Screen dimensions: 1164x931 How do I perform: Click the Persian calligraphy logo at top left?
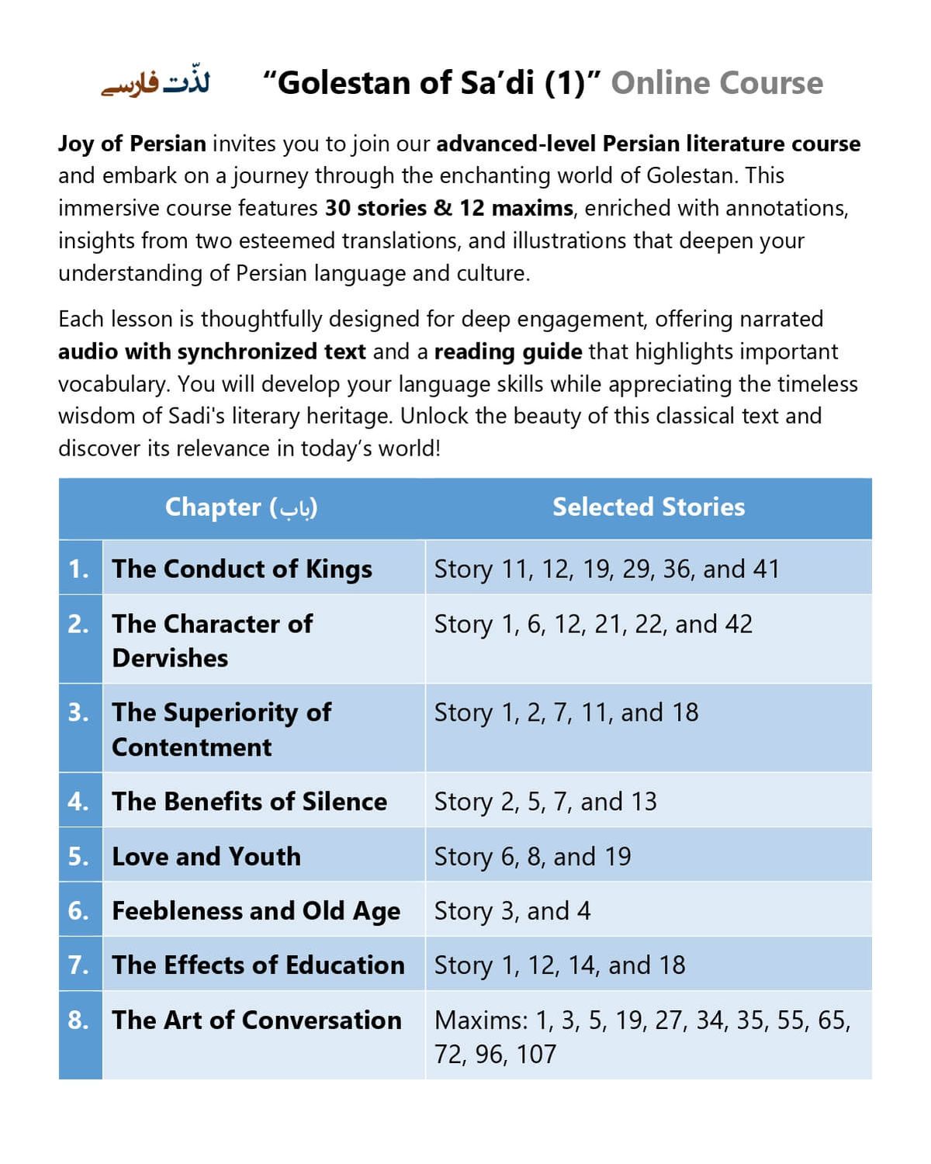pyautogui.click(x=156, y=83)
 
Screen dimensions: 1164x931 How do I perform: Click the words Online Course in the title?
pyautogui.click(x=716, y=83)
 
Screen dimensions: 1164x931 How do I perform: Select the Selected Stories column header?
pyautogui.click(x=648, y=507)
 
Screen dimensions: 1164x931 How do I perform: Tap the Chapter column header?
pyautogui.click(x=241, y=507)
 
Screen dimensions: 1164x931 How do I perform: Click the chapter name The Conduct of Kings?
pyautogui.click(x=241, y=569)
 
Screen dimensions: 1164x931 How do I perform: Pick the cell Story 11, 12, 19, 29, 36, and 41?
pyautogui.click(x=607, y=569)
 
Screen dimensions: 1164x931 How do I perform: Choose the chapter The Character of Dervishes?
pyautogui.click(x=212, y=640)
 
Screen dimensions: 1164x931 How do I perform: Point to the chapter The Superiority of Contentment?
pyautogui.click(x=221, y=729)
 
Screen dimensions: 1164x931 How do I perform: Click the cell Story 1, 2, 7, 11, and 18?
pyautogui.click(x=566, y=712)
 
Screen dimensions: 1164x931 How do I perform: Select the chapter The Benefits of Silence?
pyautogui.click(x=249, y=801)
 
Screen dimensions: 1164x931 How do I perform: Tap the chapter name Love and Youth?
pyautogui.click(x=206, y=856)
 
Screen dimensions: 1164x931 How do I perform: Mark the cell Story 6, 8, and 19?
pyautogui.click(x=532, y=856)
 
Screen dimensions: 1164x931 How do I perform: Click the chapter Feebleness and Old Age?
pyautogui.click(x=256, y=910)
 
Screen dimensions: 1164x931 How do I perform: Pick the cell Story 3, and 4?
pyautogui.click(x=512, y=910)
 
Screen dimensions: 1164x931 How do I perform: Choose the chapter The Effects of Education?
pyautogui.click(x=258, y=965)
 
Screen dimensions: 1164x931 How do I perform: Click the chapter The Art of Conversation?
pyautogui.click(x=257, y=1020)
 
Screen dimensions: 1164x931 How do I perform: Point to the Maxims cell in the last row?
pyautogui.click(x=642, y=1036)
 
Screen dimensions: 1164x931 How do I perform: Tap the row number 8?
pyautogui.click(x=78, y=1020)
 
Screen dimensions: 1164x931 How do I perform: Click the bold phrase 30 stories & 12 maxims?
pyautogui.click(x=448, y=208)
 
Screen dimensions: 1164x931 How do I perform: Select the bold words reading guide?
pyautogui.click(x=508, y=352)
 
